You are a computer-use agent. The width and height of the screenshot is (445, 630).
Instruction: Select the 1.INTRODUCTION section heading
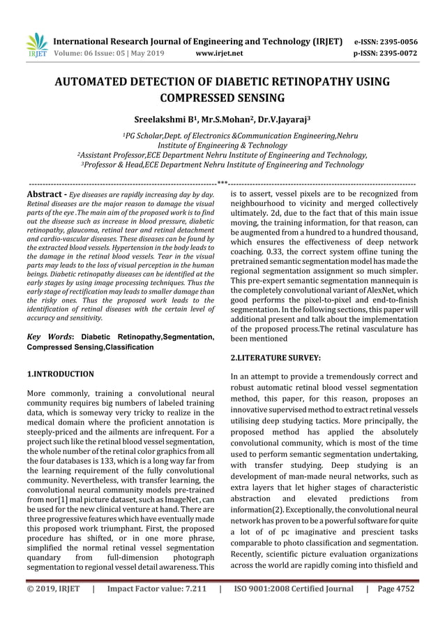coord(60,374)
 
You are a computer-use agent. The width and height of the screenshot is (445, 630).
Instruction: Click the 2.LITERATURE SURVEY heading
coord(275,358)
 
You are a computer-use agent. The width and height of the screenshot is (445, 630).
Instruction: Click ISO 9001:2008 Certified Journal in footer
coord(292,588)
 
